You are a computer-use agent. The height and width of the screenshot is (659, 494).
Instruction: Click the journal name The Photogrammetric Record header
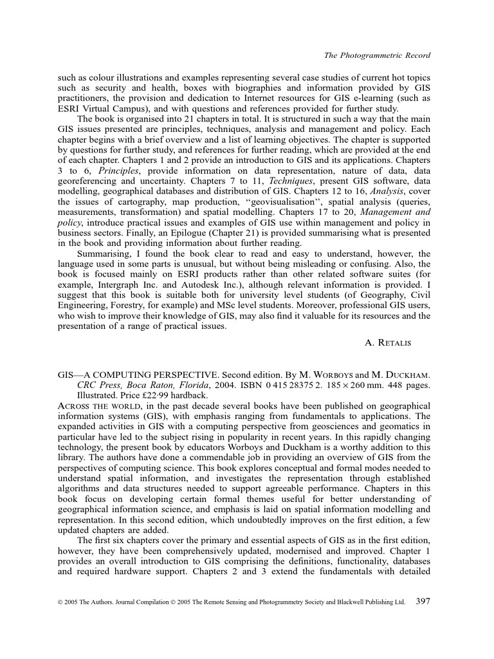[x=376, y=56]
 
